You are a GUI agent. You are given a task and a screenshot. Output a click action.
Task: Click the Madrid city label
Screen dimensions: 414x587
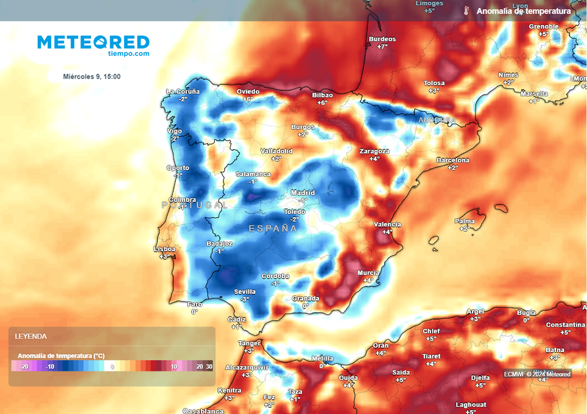tap(303, 193)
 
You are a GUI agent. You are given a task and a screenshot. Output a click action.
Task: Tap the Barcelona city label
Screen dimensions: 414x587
tap(453, 160)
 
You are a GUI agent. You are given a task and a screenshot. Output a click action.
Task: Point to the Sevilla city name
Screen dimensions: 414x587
tap(245, 291)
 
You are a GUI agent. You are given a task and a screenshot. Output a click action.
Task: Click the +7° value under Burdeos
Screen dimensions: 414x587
tap(382, 46)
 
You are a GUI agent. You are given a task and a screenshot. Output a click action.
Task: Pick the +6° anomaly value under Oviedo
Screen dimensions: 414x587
tap(248, 99)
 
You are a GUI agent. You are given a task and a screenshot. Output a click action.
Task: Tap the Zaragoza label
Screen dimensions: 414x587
tap(374, 151)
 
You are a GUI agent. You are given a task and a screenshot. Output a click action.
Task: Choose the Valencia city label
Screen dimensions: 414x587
tap(387, 224)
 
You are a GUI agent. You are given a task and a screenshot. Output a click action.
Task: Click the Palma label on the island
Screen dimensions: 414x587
tap(465, 221)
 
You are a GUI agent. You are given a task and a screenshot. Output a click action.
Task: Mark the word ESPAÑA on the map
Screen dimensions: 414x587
tap(273, 229)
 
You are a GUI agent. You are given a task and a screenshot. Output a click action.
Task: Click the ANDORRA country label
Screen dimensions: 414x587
tap(437, 120)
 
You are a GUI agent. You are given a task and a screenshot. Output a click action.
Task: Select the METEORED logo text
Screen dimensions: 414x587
tap(93, 42)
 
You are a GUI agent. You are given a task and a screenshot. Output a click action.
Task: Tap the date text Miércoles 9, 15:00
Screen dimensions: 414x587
tap(92, 77)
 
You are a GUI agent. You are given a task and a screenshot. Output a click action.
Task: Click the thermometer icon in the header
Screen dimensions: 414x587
tap(466, 11)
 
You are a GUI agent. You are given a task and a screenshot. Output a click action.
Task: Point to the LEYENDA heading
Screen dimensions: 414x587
tap(31, 336)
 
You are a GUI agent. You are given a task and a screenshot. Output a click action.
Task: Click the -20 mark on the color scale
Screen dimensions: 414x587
tap(24, 366)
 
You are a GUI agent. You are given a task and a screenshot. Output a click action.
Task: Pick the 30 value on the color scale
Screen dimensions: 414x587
tap(209, 366)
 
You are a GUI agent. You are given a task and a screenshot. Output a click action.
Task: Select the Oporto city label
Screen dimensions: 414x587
tap(178, 168)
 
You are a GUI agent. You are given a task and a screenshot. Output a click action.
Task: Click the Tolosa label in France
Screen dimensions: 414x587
tap(434, 83)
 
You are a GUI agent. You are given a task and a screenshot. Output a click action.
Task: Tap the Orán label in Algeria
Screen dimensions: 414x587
tap(381, 346)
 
